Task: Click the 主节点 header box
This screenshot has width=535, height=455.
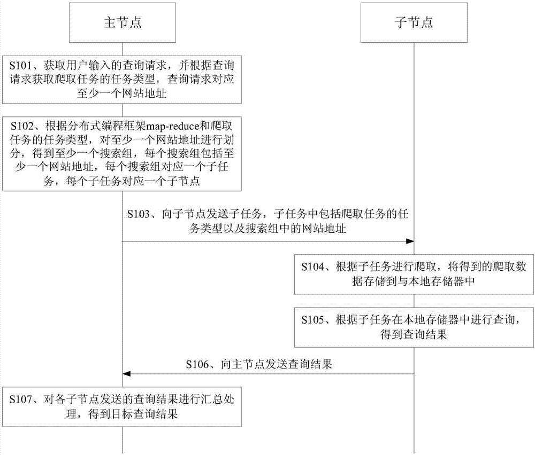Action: point(123,22)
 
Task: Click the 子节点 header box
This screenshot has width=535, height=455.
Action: point(414,22)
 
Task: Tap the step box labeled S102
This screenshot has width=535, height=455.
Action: point(123,154)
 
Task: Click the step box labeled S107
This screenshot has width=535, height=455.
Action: point(123,405)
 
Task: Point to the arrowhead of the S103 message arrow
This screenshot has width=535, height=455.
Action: point(410,241)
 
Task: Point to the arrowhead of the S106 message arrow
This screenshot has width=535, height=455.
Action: point(127,374)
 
